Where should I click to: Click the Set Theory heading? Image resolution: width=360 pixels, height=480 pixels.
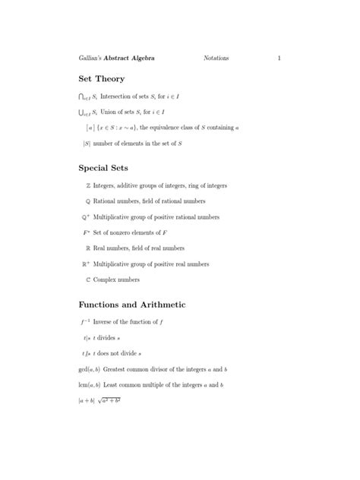coord(102,79)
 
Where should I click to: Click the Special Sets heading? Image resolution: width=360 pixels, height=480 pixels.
coord(103,168)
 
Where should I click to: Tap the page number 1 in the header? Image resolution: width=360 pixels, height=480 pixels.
coord(279,58)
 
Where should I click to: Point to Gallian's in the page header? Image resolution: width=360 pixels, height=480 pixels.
coord(94,58)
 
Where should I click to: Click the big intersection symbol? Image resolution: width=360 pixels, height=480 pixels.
coord(83,96)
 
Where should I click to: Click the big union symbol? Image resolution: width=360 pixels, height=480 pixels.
coord(83,112)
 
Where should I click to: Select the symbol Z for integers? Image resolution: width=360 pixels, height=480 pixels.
coord(87,185)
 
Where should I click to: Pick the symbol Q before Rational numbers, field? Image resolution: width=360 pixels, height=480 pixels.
coord(87,201)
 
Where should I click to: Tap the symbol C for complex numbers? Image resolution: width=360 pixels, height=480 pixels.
coord(87,279)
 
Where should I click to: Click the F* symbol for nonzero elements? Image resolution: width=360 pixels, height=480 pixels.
coord(87,232)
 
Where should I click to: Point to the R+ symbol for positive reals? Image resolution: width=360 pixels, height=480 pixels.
coord(86,264)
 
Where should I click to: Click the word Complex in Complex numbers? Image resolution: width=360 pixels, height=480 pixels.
coord(106,279)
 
